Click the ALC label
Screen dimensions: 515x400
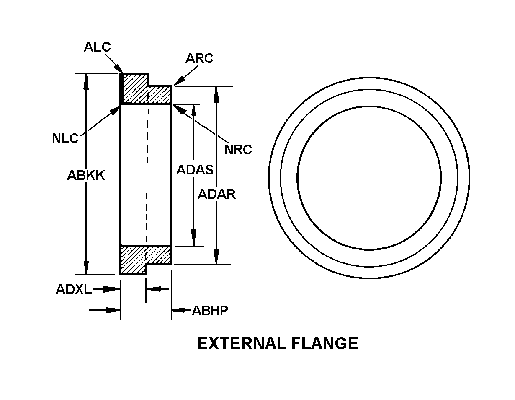[97, 47]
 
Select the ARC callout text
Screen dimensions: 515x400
[199, 58]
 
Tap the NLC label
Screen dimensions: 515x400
[65, 138]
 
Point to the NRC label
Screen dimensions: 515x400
[238, 150]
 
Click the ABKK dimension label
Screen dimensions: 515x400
[86, 175]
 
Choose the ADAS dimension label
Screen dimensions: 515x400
[195, 170]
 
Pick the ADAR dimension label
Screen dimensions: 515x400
[216, 194]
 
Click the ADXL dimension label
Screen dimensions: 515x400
[74, 289]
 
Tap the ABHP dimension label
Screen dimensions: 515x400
[210, 311]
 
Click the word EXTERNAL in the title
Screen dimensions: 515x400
[242, 343]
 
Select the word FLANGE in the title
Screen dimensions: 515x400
[324, 343]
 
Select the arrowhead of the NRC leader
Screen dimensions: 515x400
[179, 109]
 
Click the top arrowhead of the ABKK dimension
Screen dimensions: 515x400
[86, 81]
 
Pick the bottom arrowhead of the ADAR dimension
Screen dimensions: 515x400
[216, 256]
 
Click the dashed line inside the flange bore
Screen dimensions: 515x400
[147, 174]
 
